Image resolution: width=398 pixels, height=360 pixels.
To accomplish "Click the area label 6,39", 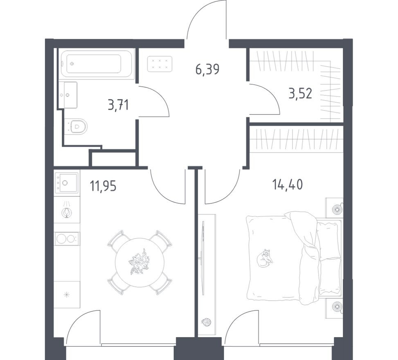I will point(207,70).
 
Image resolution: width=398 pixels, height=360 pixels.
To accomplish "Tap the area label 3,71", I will point(118,106).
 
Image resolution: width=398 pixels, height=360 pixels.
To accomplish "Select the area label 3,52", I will point(300,94).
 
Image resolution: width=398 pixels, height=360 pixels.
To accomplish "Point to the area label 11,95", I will point(103,186).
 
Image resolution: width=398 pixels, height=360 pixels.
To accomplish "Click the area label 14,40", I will point(288,185).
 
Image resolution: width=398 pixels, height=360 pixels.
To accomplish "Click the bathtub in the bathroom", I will point(97,64).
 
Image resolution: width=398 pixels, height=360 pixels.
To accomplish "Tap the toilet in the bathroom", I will point(78,126).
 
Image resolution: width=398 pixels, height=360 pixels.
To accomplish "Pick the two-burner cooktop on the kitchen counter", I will point(67,239).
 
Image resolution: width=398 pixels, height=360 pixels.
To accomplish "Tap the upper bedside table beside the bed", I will point(335,208).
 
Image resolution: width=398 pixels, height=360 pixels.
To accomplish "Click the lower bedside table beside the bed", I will point(335,308).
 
